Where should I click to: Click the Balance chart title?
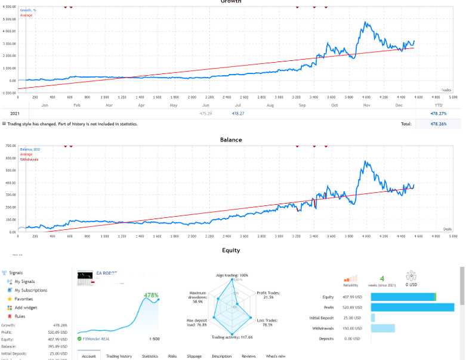tap(231, 140)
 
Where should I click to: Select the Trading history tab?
tap(119, 356)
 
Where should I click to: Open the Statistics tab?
tap(150, 356)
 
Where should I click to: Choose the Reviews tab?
tap(249, 356)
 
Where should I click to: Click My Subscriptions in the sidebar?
tap(30, 290)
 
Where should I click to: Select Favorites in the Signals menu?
tap(24, 299)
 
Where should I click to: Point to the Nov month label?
tap(366, 105)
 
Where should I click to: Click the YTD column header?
tap(439, 105)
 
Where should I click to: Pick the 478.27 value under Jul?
tap(238, 113)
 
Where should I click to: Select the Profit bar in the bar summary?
tap(412, 307)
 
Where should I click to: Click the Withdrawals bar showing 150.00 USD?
tap(383, 328)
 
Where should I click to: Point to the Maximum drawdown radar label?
tap(197, 297)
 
